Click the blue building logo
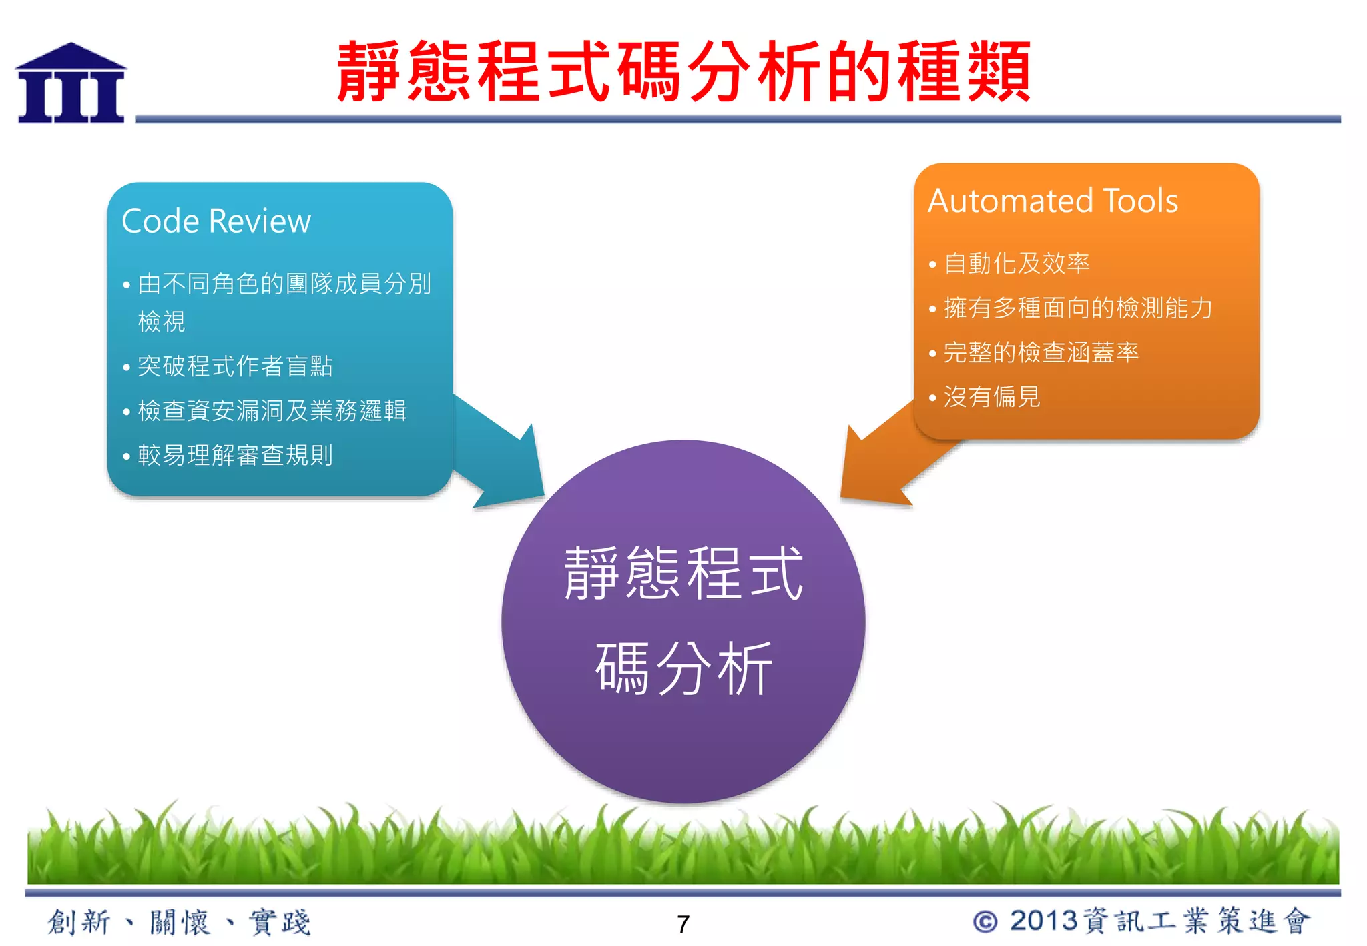(x=71, y=84)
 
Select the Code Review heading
(x=216, y=221)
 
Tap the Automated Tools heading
(x=1053, y=201)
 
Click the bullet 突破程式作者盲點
(x=234, y=366)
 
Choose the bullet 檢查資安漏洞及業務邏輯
(x=272, y=411)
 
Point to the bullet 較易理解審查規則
(x=234, y=456)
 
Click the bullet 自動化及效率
(x=1016, y=264)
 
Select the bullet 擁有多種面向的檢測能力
(x=1077, y=308)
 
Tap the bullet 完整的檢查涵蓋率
(x=1041, y=353)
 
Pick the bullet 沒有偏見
(x=991, y=397)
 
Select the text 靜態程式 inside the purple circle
(x=683, y=574)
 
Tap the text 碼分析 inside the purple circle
(x=683, y=669)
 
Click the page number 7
(x=683, y=925)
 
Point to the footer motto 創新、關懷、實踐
(x=179, y=923)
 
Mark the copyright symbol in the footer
(x=985, y=922)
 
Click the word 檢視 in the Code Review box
(x=162, y=322)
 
